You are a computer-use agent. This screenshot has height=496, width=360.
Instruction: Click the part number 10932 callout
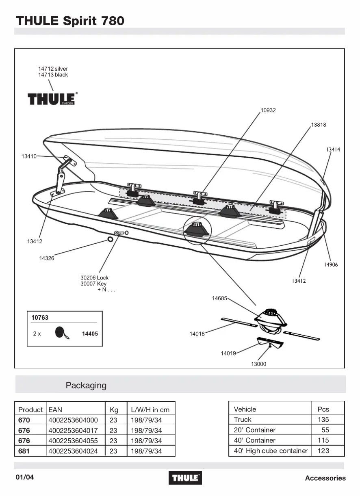coord(268,110)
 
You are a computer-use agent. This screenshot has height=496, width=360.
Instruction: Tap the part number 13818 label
coord(319,125)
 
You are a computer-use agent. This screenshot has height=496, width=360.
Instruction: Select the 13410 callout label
coord(29,156)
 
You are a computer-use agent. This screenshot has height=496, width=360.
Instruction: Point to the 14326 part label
coord(47,258)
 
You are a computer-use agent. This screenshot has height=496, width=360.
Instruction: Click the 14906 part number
coord(331,265)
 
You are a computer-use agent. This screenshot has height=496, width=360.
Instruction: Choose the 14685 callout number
coord(219,298)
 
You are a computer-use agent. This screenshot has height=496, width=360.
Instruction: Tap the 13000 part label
coord(258,364)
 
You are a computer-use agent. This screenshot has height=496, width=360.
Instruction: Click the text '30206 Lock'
coord(94,278)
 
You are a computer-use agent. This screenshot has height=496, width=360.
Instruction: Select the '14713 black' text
coord(53,75)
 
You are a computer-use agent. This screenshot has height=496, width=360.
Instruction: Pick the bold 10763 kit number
coord(40,318)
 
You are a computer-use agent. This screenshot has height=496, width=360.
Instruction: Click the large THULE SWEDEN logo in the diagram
coord(51,99)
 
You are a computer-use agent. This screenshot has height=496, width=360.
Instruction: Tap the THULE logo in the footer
coord(185,478)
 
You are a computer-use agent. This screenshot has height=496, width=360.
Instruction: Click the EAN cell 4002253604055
coord(73,441)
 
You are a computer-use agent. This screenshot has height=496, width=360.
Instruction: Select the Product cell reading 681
coord(24,451)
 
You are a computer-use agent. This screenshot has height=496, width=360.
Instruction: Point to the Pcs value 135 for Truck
coord(323,420)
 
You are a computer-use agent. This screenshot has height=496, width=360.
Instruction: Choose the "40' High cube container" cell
coord(271,451)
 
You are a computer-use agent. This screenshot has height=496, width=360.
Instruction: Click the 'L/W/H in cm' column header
coord(150,409)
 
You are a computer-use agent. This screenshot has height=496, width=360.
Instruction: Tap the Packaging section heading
coord(86,385)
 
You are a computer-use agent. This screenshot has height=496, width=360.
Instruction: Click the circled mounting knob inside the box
coord(196,229)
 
